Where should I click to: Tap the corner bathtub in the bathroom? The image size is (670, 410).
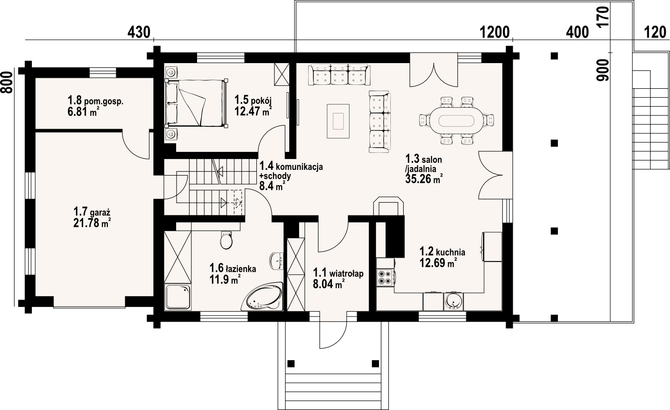(262, 298)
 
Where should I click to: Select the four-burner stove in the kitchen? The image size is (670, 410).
(385, 277)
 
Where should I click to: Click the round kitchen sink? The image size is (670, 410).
(453, 301)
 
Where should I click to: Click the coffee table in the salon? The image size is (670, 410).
(338, 121)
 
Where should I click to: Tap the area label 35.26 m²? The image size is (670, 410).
(424, 179)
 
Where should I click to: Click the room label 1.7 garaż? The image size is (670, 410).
(92, 212)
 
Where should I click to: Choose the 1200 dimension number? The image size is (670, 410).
(494, 32)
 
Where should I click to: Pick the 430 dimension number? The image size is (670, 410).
(139, 32)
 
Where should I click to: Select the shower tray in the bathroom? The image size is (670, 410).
(178, 297)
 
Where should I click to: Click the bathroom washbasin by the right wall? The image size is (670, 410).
(277, 261)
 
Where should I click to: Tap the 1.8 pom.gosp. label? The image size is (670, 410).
(95, 101)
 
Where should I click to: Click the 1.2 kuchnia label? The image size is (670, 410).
(442, 252)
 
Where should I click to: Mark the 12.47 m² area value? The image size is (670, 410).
(253, 111)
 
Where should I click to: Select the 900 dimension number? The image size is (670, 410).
(603, 70)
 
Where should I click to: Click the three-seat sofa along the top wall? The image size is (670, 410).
(339, 74)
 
